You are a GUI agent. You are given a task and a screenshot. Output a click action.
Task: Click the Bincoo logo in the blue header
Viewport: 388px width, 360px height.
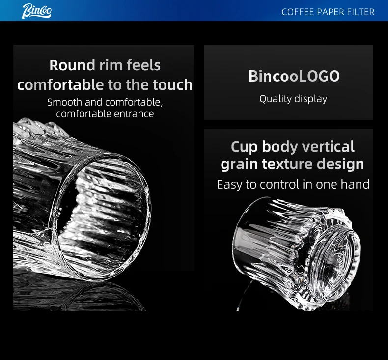click(37, 11)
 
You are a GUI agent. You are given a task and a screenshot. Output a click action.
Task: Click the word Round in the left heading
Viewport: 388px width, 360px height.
click(72, 65)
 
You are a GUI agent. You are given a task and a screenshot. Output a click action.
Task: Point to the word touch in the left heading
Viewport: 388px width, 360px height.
click(172, 85)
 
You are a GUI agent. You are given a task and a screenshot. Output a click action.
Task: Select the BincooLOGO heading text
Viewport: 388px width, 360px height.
click(294, 76)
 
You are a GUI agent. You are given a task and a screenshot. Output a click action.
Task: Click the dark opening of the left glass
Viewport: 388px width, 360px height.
click(102, 215)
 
